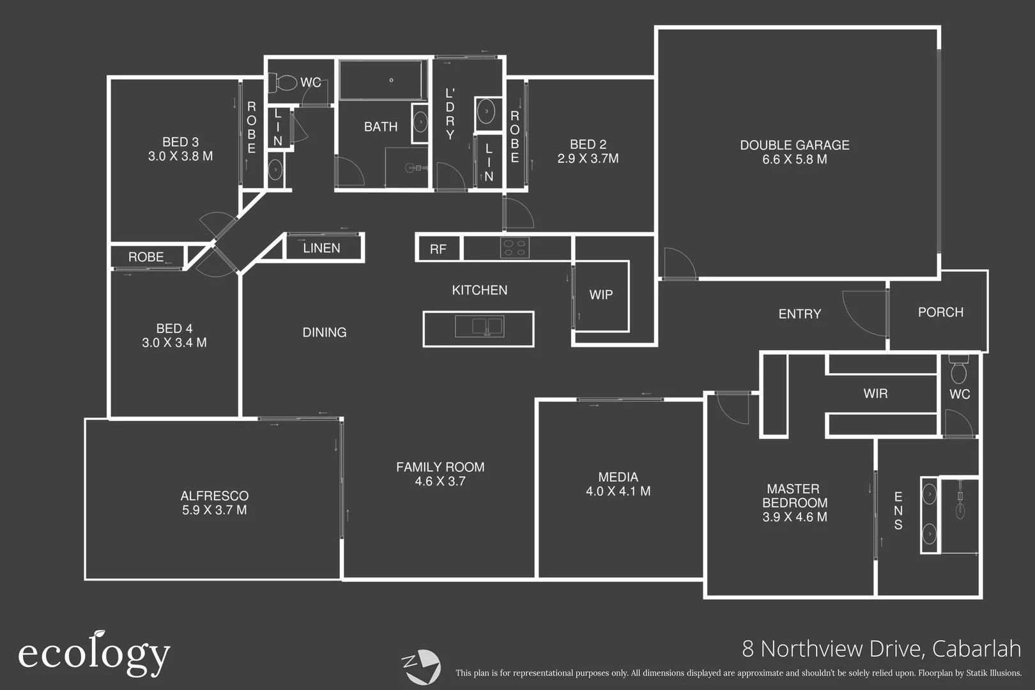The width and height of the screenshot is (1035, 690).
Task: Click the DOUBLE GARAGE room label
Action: [794, 145]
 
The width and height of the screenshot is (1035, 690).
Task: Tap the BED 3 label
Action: [180, 142]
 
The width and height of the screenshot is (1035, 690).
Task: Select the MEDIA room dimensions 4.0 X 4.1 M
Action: [618, 491]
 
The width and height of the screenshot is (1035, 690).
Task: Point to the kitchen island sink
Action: [479, 326]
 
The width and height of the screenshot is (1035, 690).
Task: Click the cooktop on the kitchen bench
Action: [514, 247]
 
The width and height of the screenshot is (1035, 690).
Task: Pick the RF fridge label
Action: [438, 249]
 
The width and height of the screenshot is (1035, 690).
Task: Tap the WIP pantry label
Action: [601, 295]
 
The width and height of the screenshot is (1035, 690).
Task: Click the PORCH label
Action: [940, 312]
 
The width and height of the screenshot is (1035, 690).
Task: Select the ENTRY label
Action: [799, 314]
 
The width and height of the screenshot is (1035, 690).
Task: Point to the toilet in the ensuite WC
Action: [958, 371]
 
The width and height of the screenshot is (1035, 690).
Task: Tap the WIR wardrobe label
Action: [875, 394]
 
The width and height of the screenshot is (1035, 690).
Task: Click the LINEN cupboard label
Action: [321, 248]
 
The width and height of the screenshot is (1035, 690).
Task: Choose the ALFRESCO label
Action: [214, 496]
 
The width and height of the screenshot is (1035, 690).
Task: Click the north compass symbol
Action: [421, 666]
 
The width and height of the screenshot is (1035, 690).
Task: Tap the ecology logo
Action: [94, 654]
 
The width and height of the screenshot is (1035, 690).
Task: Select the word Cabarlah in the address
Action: [976, 648]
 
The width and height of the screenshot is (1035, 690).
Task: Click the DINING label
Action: [324, 332]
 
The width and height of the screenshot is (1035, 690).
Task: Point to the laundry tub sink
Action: [486, 112]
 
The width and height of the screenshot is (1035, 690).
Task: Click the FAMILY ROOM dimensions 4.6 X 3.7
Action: [440, 482]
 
